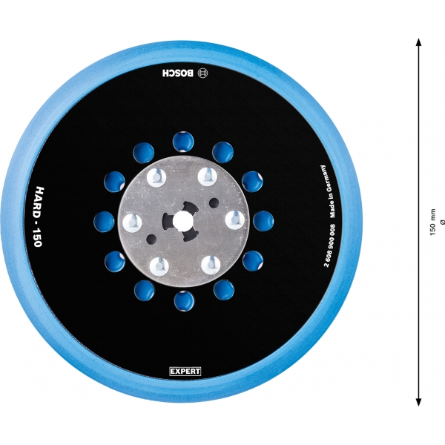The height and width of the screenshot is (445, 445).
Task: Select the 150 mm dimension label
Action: tap(433, 222)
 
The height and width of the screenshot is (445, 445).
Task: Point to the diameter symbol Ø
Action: tap(442, 222)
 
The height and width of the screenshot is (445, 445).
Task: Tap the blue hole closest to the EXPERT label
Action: tap(183, 300)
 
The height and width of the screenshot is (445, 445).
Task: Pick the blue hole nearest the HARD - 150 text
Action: tap(104, 220)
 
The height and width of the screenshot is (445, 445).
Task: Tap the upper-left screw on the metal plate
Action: tap(157, 177)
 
